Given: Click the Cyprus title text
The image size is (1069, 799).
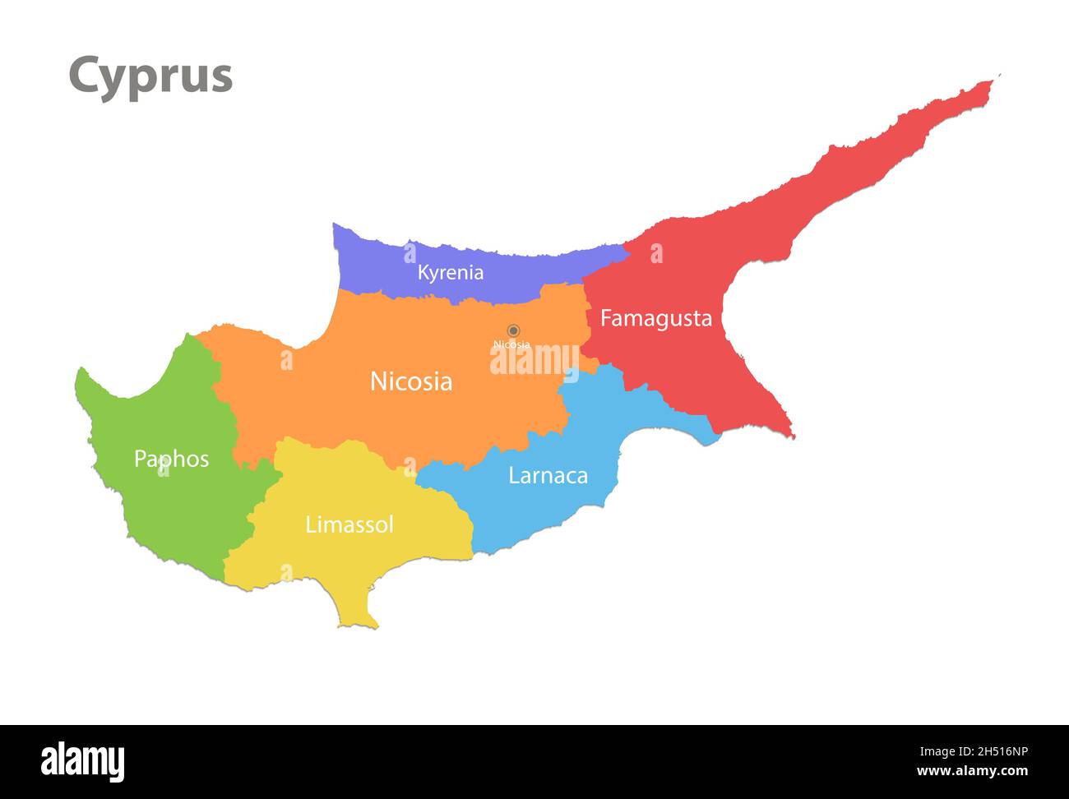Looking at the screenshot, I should click(x=150, y=76).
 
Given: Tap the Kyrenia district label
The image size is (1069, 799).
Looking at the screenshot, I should click(x=450, y=272).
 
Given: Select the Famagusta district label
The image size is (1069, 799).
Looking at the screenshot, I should click(x=655, y=318).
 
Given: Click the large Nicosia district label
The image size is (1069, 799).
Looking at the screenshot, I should click(x=410, y=381).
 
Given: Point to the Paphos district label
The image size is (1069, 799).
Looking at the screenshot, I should click(x=171, y=459).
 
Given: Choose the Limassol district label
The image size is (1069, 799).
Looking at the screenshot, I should click(x=349, y=524).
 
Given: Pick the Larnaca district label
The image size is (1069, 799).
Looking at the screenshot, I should click(x=548, y=475).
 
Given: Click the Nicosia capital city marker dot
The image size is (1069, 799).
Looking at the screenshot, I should click(x=513, y=330).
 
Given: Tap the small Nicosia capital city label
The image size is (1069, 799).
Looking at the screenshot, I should click(x=511, y=344).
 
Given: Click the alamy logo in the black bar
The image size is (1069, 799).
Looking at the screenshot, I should click(x=82, y=761).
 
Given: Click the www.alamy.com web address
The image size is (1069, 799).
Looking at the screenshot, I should click(x=972, y=771).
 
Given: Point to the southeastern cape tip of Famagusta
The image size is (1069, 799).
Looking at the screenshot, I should click(x=791, y=436).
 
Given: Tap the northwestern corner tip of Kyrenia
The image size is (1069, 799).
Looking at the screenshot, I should click(x=335, y=225).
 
